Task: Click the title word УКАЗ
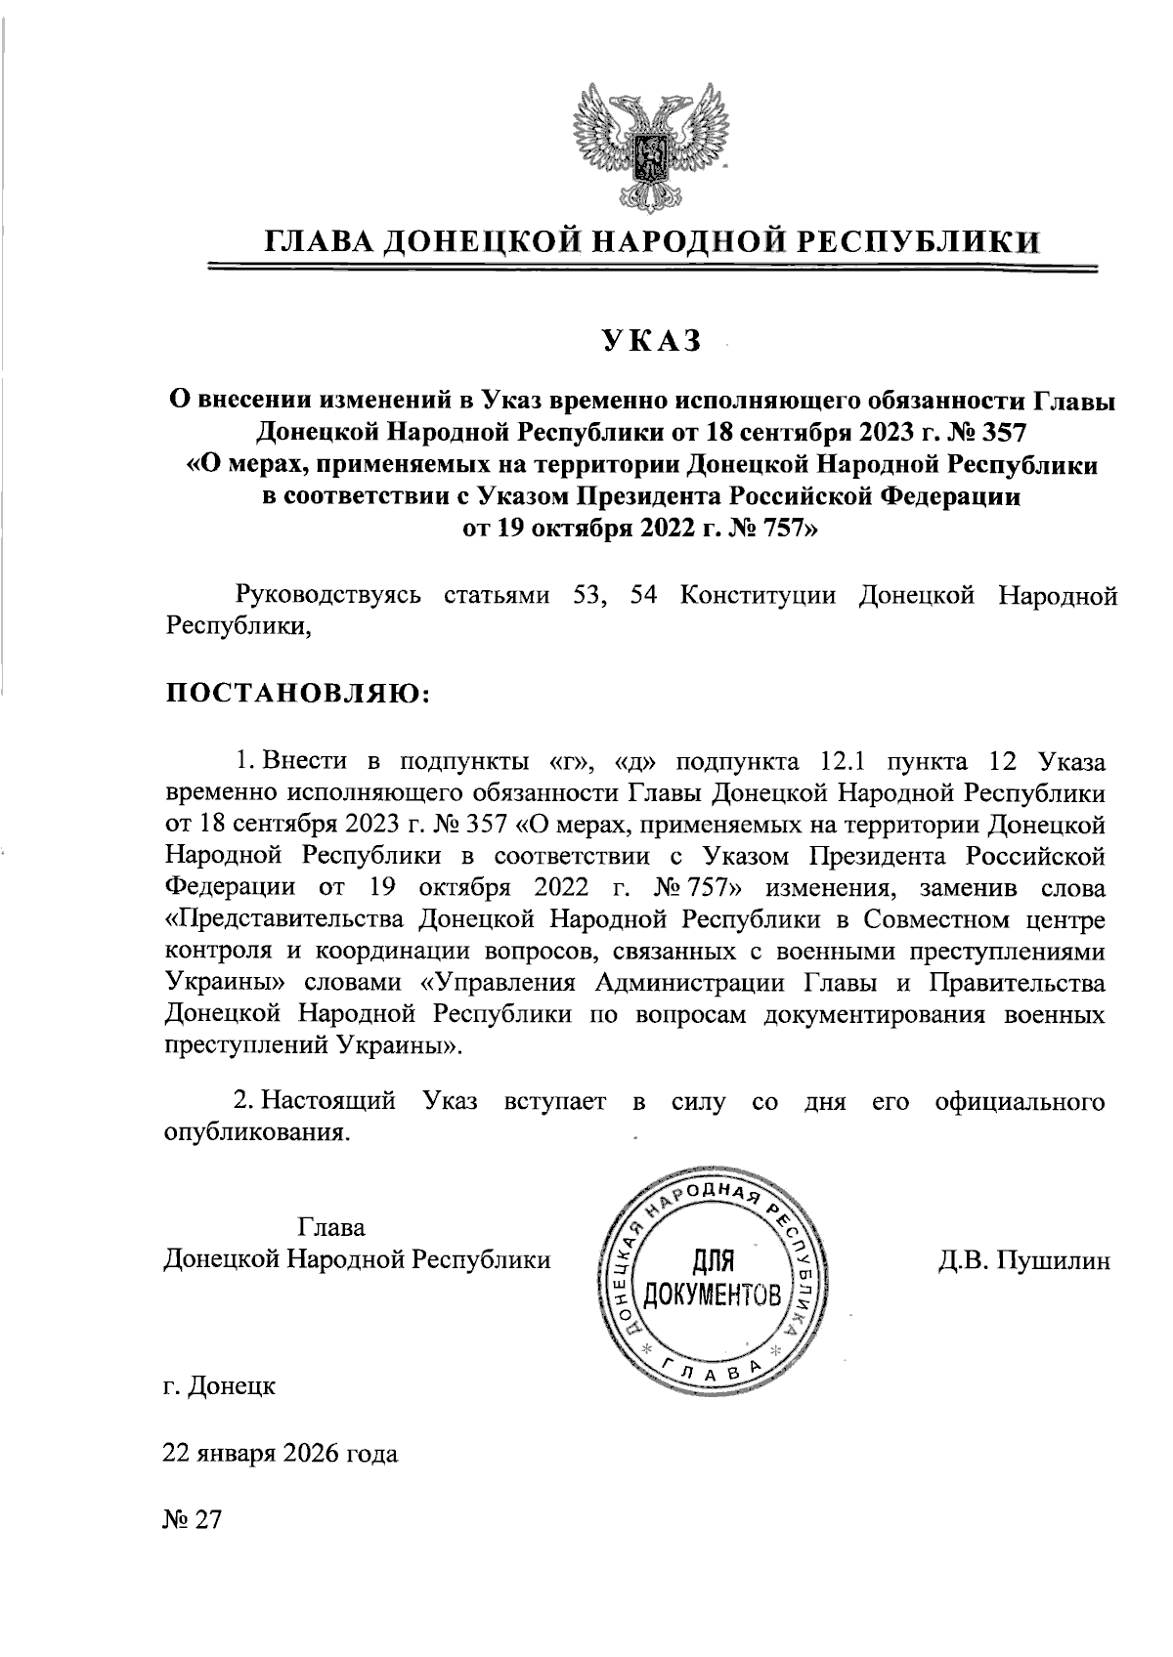(x=652, y=340)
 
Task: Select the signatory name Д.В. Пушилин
(x=1024, y=1260)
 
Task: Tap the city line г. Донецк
(x=219, y=1384)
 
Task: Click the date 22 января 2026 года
(x=280, y=1453)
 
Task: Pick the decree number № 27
(x=194, y=1520)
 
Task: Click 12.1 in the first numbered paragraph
(x=833, y=760)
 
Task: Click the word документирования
(x=875, y=1013)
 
